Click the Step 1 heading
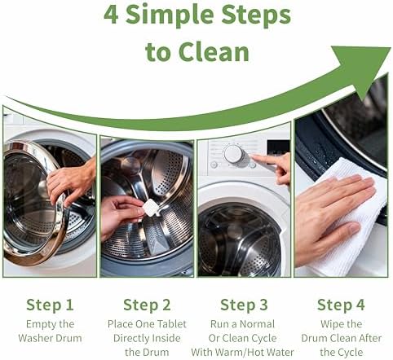click(x=50, y=305)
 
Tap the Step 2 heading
click(x=147, y=305)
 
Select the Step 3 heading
click(x=244, y=305)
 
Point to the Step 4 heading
click(x=341, y=305)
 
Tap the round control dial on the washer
click(x=233, y=154)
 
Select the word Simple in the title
click(x=171, y=15)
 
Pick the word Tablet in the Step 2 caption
click(x=172, y=324)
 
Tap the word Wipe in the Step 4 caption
click(x=330, y=324)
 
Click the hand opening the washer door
click(x=72, y=181)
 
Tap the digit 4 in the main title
click(x=112, y=15)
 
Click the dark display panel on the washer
click(x=278, y=148)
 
